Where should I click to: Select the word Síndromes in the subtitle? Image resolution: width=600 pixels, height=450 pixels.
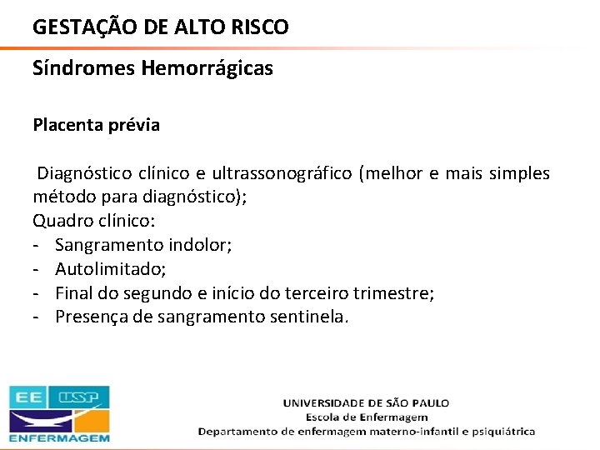pyautogui.click(x=84, y=69)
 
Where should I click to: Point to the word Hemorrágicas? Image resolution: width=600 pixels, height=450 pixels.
pyautogui.click(x=207, y=69)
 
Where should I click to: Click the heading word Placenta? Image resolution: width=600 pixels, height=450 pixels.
pyautogui.click(x=67, y=126)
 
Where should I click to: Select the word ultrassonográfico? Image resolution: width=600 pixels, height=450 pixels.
pyautogui.click(x=282, y=173)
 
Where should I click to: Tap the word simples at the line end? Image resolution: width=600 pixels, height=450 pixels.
pyautogui.click(x=520, y=173)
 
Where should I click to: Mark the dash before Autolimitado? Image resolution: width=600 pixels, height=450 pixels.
pyautogui.click(x=37, y=269)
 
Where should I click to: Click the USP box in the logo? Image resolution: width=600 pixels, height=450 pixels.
pyautogui.click(x=83, y=397)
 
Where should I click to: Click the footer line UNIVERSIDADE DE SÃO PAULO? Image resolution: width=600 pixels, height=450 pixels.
pyautogui.click(x=366, y=402)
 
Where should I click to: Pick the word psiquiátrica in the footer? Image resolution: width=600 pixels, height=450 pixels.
pyautogui.click(x=497, y=432)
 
